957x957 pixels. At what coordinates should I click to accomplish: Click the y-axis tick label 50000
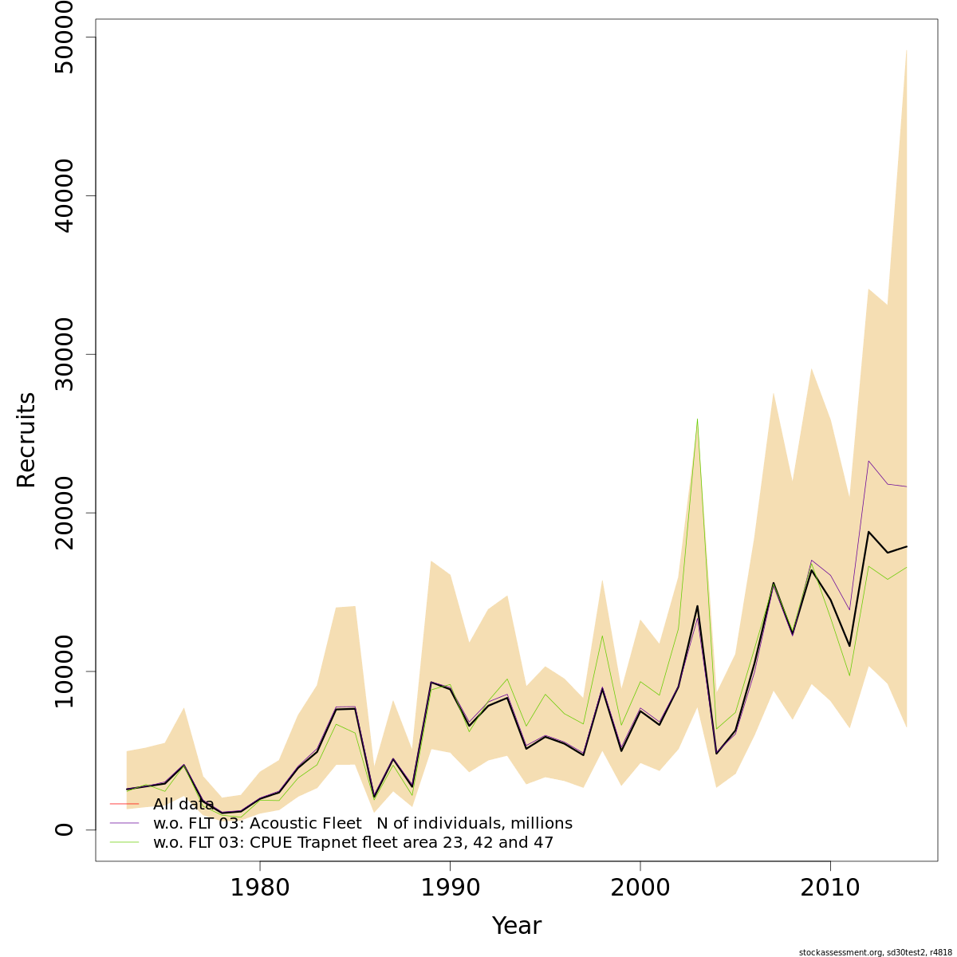(x=62, y=37)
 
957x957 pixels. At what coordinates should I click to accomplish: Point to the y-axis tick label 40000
(x=62, y=196)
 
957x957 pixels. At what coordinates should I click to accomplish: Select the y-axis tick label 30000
(x=62, y=354)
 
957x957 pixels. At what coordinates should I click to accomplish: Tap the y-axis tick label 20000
(x=62, y=513)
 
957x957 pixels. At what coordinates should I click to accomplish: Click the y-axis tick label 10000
(x=62, y=671)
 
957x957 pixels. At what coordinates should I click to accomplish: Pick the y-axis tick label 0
(x=62, y=829)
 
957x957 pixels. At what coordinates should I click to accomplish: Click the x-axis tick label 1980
(x=260, y=888)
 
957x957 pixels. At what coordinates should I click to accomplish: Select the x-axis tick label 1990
(x=450, y=888)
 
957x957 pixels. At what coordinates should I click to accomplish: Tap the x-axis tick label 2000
(x=640, y=888)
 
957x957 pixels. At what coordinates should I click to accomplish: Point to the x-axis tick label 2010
(x=830, y=888)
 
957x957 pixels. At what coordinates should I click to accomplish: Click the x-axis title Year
(x=516, y=926)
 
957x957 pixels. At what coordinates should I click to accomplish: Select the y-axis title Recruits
(x=26, y=439)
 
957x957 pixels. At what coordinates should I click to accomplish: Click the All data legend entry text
(x=183, y=805)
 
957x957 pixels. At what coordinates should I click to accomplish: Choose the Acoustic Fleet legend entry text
(x=363, y=824)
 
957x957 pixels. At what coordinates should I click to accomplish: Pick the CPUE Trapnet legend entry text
(x=353, y=843)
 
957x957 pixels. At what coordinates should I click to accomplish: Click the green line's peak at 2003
(x=697, y=419)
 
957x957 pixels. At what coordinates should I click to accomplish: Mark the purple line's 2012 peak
(x=868, y=461)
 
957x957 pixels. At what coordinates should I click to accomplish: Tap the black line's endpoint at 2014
(x=907, y=546)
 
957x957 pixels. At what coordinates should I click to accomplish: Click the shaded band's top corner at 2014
(x=907, y=49)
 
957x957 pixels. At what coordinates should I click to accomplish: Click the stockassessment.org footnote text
(x=875, y=952)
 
